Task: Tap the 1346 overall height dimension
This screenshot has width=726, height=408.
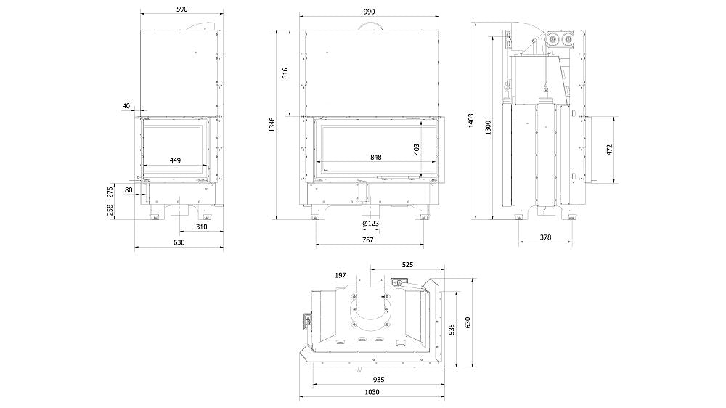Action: [x=272, y=125]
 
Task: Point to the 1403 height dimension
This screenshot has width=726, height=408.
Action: [x=471, y=121]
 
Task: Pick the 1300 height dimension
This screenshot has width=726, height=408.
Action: [x=489, y=127]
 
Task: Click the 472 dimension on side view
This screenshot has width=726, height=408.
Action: [x=610, y=149]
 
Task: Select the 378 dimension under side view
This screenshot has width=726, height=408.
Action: [x=546, y=237]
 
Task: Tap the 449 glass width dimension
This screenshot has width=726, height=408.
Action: [x=175, y=160]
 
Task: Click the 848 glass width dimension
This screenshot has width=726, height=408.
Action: [x=375, y=157]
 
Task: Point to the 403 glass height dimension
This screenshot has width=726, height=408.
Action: [x=417, y=150]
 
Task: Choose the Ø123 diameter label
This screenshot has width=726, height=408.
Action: [x=370, y=224]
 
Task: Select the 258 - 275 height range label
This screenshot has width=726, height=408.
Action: [x=110, y=200]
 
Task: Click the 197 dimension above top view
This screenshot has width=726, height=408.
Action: [x=341, y=276]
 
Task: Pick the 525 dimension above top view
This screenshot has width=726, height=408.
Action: [x=407, y=265]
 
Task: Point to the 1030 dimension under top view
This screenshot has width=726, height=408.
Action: [x=372, y=392]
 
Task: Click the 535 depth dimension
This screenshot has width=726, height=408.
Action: [x=452, y=329]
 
